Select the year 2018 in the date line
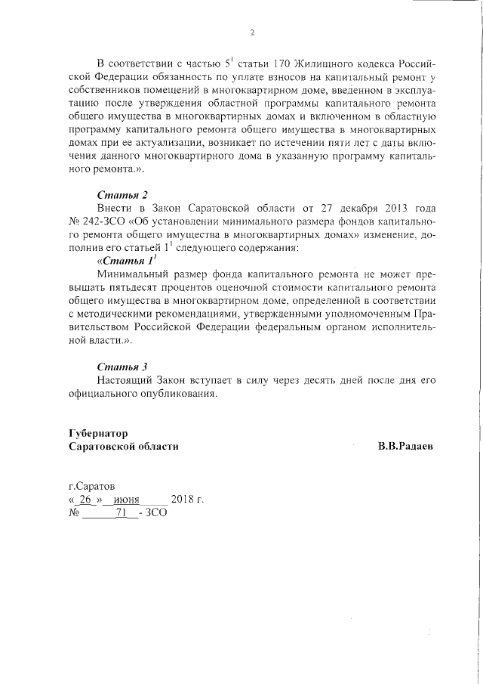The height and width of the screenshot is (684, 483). click(x=183, y=500)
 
